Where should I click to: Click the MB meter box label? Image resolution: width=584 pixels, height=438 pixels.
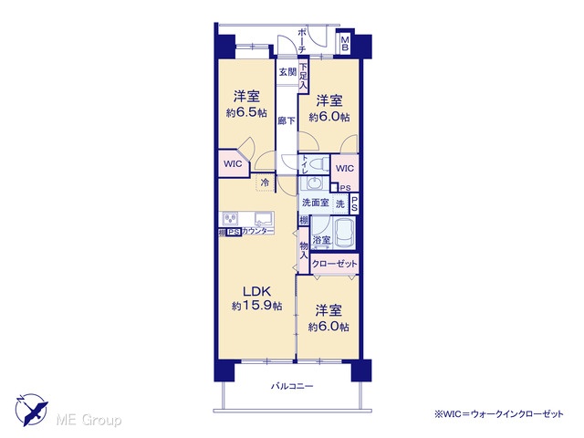pyautogui.click(x=345, y=43)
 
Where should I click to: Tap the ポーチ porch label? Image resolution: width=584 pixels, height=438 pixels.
pyautogui.click(x=302, y=40)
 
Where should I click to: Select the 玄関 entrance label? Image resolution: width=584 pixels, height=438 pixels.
pyautogui.click(x=287, y=72)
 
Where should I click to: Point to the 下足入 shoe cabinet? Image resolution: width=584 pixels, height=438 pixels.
pyautogui.click(x=304, y=77)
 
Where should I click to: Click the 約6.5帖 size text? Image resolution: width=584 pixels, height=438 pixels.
pyautogui.click(x=246, y=113)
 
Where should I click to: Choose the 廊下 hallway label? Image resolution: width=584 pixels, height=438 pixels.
pyautogui.click(x=287, y=120)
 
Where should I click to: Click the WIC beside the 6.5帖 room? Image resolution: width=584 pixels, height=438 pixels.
pyautogui.click(x=233, y=164)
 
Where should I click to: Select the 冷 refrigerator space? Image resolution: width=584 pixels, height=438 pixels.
pyautogui.click(x=266, y=182)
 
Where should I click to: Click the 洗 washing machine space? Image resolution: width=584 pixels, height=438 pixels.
pyautogui.click(x=340, y=204)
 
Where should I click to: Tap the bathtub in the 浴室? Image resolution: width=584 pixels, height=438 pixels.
pyautogui.click(x=344, y=233)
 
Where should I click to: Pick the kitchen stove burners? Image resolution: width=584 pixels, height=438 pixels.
pyautogui.click(x=231, y=219)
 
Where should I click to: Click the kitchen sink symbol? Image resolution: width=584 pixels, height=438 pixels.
pyautogui.click(x=264, y=219)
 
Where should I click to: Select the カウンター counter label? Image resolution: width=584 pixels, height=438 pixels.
pyautogui.click(x=257, y=231)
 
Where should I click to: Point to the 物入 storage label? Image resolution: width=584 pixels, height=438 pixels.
pyautogui.click(x=304, y=251)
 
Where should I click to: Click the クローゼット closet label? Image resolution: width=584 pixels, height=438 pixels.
pyautogui.click(x=334, y=264)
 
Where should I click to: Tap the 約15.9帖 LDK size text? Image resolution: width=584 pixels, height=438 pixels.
pyautogui.click(x=256, y=306)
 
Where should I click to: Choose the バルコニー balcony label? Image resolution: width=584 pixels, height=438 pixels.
pyautogui.click(x=292, y=386)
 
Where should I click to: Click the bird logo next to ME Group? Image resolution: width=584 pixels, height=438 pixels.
pyautogui.click(x=31, y=410)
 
